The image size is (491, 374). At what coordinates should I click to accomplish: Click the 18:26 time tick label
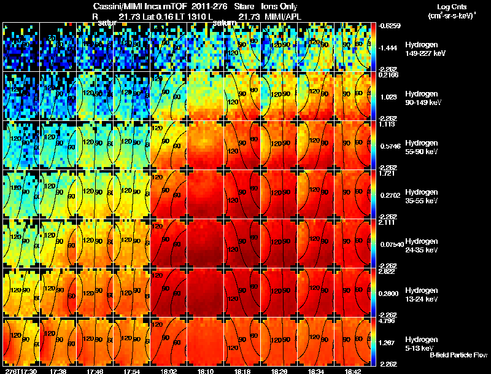click(279, 371)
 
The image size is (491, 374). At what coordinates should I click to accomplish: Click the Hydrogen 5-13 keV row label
click(422, 344)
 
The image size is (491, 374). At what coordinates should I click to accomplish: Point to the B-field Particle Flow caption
click(458, 355)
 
